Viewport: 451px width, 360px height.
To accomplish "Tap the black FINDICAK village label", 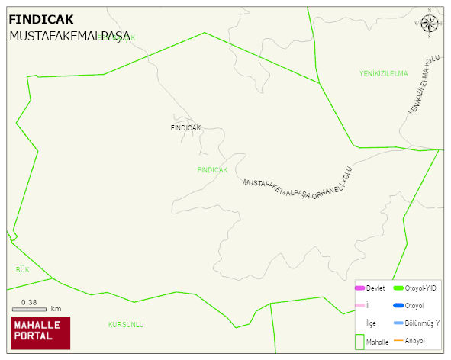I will (185, 128).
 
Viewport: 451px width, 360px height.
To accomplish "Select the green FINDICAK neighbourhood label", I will (212, 170).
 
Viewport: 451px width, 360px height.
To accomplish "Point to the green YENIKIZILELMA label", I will (384, 73).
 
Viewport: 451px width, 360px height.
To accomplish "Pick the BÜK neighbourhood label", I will (22, 270).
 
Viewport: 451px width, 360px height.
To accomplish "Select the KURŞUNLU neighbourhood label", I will (126, 325).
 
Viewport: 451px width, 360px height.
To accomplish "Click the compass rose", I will (430, 24).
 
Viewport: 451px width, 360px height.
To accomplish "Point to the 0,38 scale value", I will (29, 302).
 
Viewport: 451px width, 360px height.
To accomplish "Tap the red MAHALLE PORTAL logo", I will (40, 333).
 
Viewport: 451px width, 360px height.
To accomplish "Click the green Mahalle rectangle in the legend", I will (360, 341).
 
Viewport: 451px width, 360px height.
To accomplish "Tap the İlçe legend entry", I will (371, 323).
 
